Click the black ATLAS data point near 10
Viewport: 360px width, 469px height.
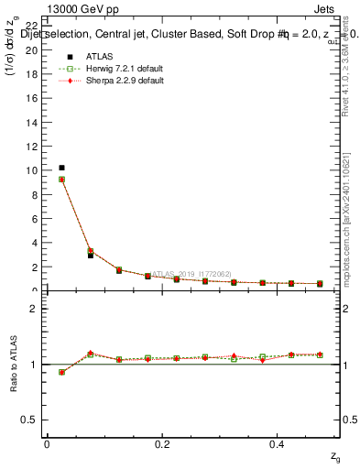[61, 168]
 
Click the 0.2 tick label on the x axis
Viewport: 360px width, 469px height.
[162, 444]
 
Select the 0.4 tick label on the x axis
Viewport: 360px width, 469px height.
[278, 444]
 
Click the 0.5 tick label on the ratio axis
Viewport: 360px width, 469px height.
[27, 420]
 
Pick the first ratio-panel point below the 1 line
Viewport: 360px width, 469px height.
[61, 372]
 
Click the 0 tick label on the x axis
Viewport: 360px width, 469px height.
[47, 444]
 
